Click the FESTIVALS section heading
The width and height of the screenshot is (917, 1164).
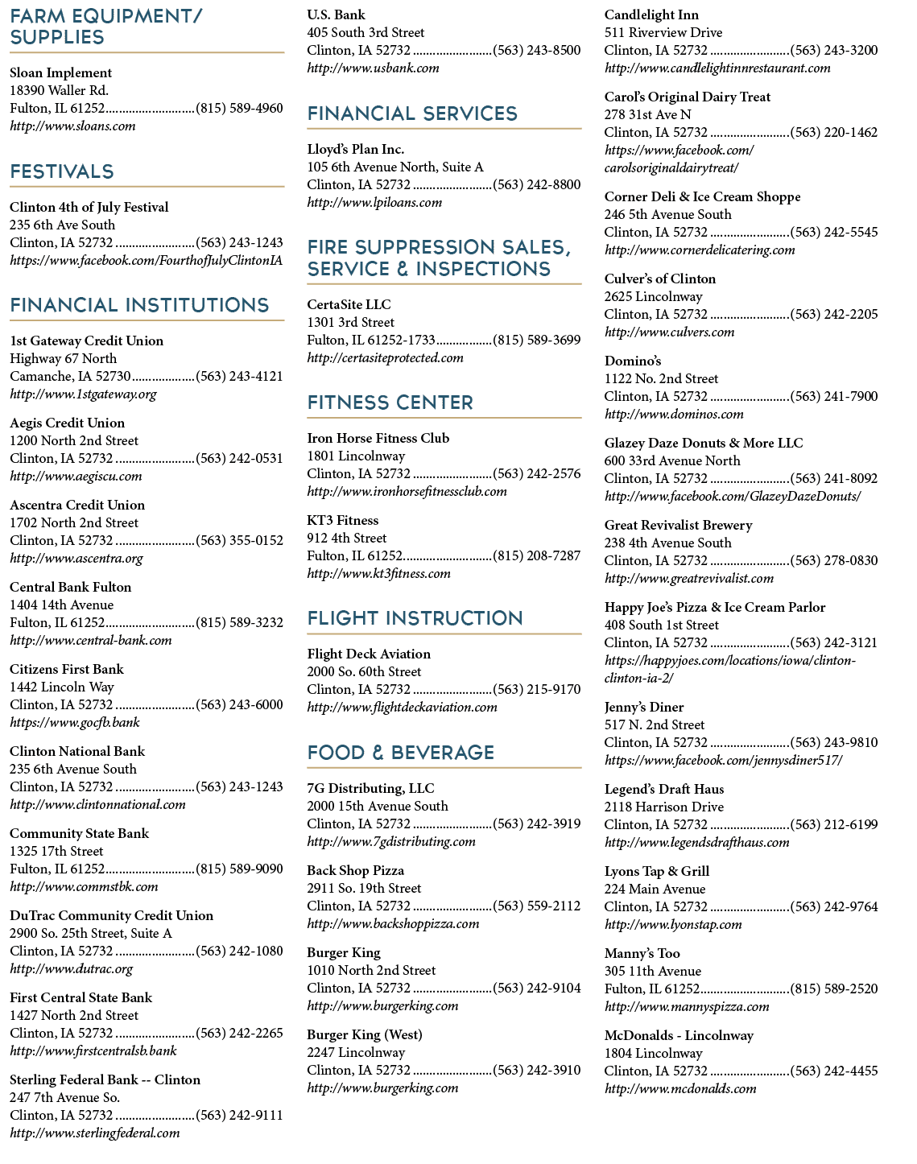tap(62, 171)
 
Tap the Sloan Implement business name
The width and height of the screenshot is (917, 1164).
tap(60, 72)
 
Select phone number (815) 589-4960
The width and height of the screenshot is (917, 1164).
tap(239, 108)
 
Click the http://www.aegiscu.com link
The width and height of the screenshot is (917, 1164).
tap(76, 476)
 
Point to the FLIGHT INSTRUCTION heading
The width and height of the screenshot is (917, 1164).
tap(415, 617)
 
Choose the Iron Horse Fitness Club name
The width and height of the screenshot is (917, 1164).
tap(378, 438)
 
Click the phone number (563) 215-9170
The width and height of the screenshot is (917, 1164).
tap(537, 689)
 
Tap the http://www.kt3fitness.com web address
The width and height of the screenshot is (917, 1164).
tap(378, 573)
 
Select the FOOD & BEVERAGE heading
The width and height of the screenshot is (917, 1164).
tap(401, 753)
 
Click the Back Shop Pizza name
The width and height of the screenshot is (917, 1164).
tap(355, 870)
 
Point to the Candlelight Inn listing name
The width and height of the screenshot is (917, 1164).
tap(651, 14)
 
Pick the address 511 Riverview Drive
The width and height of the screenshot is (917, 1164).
tap(663, 32)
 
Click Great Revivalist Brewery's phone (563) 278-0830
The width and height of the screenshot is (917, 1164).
tap(834, 560)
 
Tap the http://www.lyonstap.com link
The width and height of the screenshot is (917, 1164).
tap(673, 924)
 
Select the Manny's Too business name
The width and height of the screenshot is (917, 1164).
tap(642, 953)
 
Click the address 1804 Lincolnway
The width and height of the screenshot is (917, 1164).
tap(653, 1053)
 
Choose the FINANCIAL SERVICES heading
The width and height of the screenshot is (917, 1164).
tap(412, 113)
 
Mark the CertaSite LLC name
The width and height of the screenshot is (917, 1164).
tap(349, 304)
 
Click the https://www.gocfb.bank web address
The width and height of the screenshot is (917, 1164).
tap(75, 722)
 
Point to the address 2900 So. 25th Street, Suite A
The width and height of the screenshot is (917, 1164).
tap(91, 933)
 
